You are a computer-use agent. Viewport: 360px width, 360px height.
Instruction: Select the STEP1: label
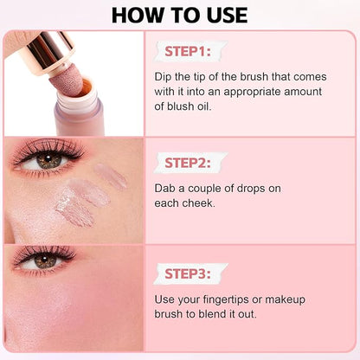click(188, 52)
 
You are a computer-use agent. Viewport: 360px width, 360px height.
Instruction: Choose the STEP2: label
click(188, 163)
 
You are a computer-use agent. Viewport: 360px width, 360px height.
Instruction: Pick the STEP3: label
click(188, 273)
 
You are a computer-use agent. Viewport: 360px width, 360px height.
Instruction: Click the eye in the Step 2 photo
click(48, 161)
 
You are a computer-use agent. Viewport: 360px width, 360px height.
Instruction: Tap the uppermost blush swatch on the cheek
click(110, 176)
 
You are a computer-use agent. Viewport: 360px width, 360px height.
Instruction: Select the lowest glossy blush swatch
click(74, 209)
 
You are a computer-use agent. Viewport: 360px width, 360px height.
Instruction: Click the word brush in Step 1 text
click(255, 77)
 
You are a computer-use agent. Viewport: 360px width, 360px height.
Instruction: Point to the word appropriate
click(252, 93)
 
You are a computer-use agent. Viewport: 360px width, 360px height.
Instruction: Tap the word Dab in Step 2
click(165, 189)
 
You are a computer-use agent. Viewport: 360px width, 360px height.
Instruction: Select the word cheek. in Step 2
click(201, 203)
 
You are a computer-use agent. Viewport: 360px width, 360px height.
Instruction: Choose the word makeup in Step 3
click(285, 300)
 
